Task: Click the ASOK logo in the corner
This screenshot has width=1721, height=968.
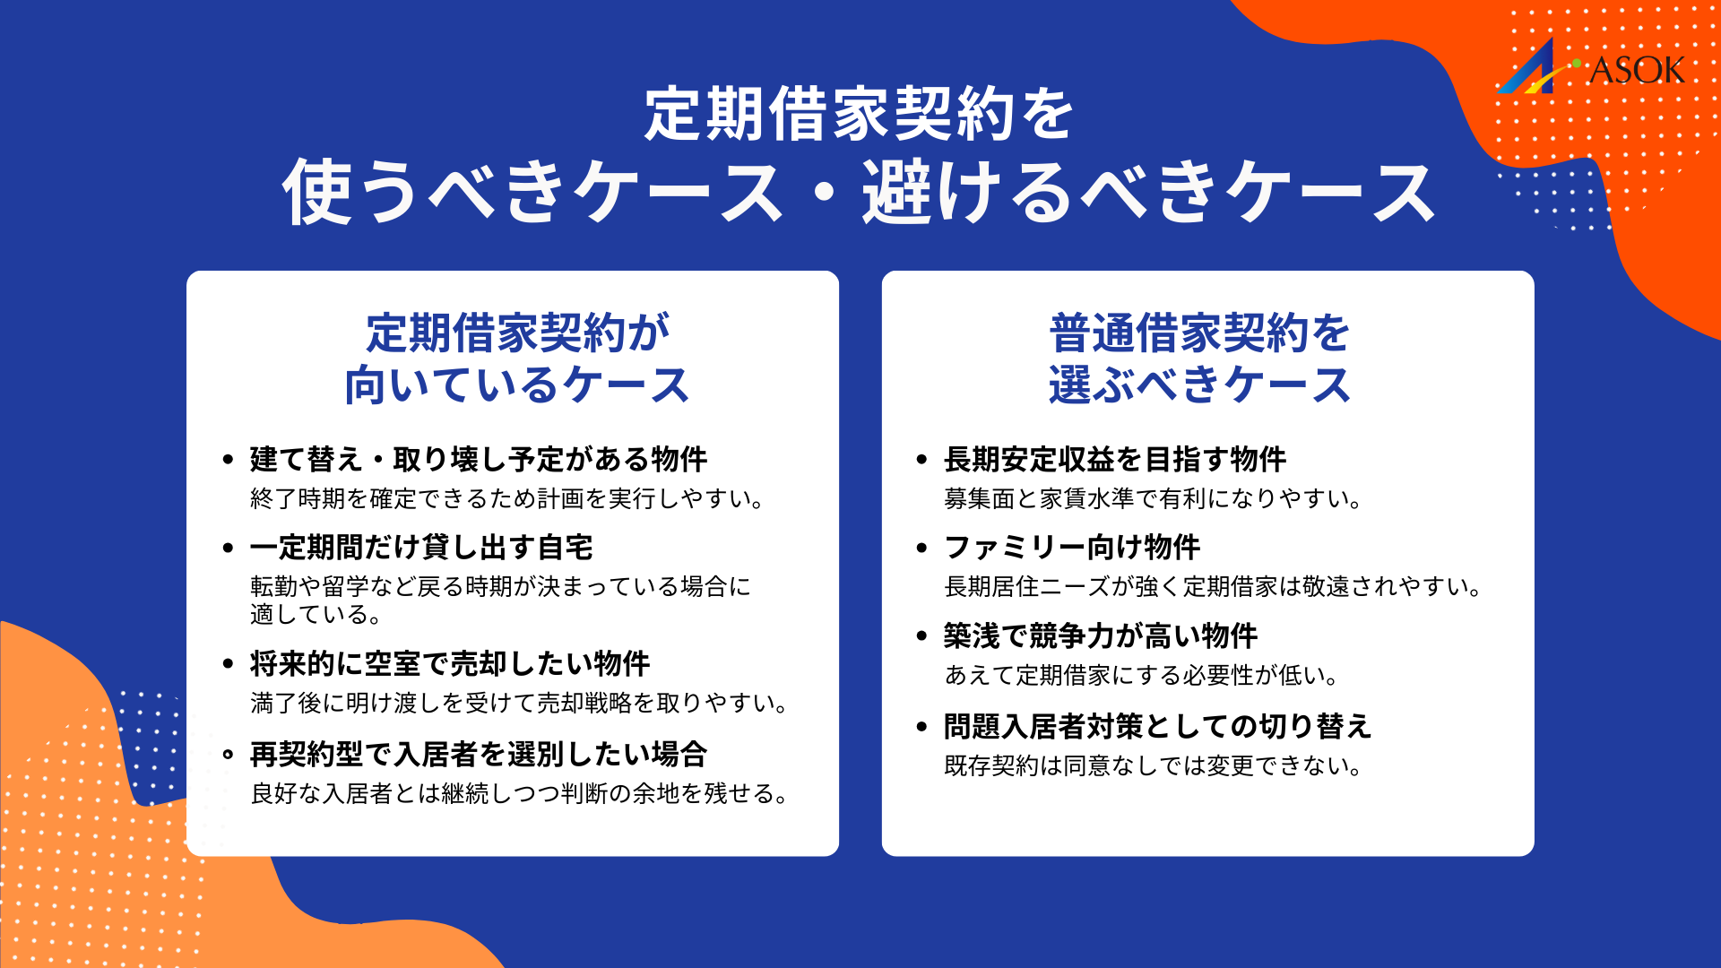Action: (x=1592, y=68)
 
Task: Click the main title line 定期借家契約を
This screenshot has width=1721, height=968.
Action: (x=859, y=114)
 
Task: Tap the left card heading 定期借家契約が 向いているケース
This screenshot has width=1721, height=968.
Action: (x=517, y=359)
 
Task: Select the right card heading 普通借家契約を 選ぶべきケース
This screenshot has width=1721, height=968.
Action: (x=1199, y=359)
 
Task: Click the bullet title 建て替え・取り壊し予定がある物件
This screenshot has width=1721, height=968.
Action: (x=479, y=459)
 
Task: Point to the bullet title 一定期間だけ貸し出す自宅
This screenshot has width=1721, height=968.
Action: (x=421, y=547)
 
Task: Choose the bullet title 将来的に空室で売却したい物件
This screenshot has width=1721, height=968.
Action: (x=450, y=663)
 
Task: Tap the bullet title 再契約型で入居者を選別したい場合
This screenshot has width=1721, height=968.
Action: (x=479, y=754)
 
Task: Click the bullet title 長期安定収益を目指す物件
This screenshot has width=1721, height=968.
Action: (x=1115, y=459)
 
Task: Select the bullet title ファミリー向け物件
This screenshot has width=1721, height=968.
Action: (x=1072, y=547)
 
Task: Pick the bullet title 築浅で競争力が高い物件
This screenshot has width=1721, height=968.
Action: (x=1101, y=635)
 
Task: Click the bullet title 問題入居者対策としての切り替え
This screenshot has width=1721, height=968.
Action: (x=1158, y=726)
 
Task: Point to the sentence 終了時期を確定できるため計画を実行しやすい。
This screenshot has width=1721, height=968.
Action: (x=507, y=498)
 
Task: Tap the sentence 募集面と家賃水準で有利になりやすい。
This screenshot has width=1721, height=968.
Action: (x=1154, y=498)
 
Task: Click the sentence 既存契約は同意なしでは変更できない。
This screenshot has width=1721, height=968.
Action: (x=1154, y=765)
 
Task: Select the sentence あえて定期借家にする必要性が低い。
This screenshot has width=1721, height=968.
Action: (x=1142, y=675)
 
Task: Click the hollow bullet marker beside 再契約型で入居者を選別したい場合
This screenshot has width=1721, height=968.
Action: (x=228, y=755)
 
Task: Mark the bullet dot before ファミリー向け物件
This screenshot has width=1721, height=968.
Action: (x=921, y=548)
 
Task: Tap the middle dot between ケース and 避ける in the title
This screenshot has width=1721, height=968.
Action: (x=823, y=194)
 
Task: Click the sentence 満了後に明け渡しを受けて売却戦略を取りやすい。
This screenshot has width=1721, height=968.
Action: (x=520, y=703)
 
